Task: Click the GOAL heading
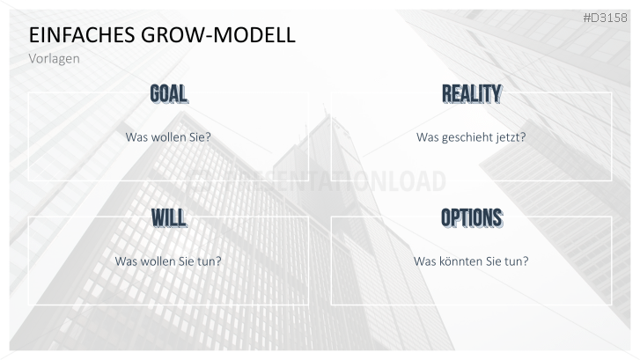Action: coord(168,93)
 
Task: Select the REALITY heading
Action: coord(471,93)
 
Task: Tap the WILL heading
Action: coord(168,217)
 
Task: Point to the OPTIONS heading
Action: coord(471,217)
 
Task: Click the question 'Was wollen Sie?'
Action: coord(168,137)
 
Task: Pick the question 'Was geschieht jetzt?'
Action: coord(471,137)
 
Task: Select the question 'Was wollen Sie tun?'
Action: coord(168,261)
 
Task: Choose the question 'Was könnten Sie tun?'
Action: coord(471,261)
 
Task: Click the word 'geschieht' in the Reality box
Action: coord(467,137)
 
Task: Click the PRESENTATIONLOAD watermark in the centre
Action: coord(320,180)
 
